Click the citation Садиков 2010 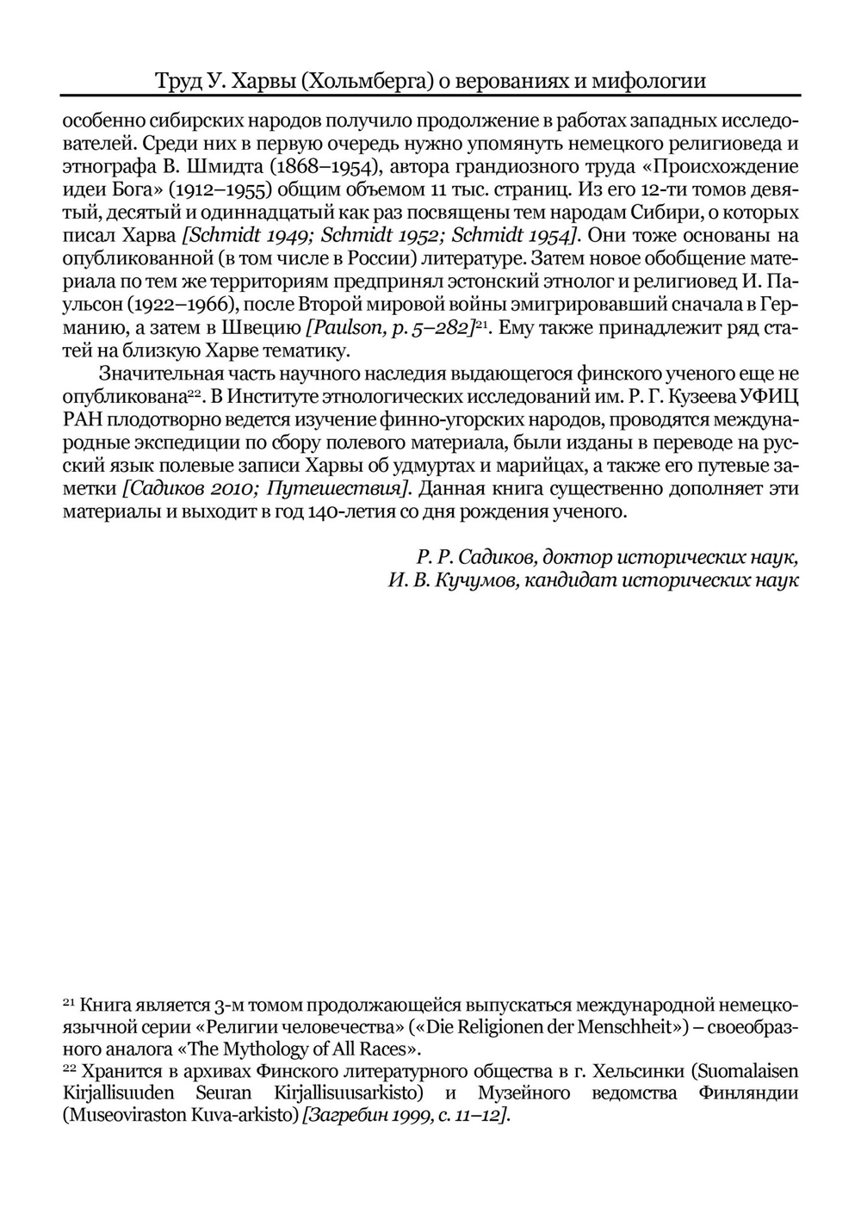(191, 489)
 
